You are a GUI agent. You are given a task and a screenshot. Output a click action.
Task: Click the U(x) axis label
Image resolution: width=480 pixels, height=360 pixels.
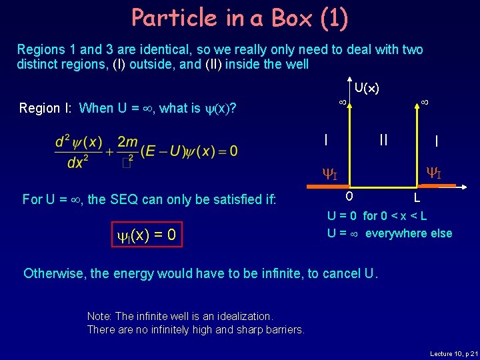click(x=367, y=87)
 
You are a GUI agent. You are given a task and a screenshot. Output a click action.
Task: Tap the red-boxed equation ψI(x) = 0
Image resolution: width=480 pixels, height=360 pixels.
click(x=144, y=234)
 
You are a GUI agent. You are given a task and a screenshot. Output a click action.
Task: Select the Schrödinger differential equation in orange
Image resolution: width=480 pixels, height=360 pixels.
click(x=146, y=151)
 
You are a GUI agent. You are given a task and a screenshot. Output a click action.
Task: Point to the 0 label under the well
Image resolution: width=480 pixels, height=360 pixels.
click(x=349, y=197)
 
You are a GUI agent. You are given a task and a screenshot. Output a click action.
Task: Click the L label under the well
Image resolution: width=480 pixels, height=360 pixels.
click(x=417, y=198)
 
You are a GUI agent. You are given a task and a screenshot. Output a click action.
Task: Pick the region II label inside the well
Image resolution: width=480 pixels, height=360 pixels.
click(x=383, y=139)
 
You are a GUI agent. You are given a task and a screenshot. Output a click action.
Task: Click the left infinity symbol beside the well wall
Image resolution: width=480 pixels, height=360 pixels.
click(x=342, y=103)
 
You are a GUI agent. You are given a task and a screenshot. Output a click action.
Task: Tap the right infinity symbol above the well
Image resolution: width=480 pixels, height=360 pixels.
click(x=424, y=103)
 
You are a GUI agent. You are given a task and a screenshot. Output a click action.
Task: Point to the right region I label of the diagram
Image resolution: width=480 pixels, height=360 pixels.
click(x=436, y=141)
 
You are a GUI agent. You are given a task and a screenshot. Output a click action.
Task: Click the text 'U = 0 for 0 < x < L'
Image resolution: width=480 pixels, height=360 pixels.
click(x=377, y=216)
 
